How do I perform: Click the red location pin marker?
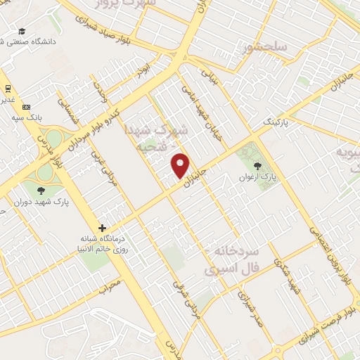181,165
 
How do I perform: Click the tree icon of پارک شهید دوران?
40,189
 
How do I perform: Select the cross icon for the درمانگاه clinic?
103,228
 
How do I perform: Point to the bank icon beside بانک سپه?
27,107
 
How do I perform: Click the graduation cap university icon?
22,31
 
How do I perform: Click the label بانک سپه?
27,117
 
